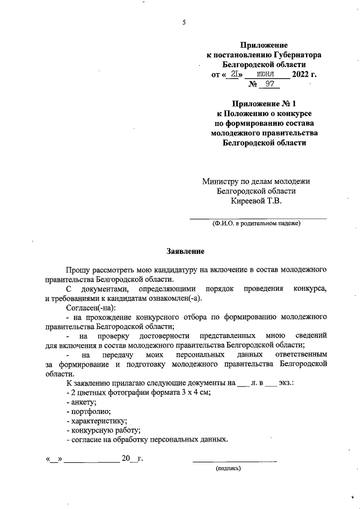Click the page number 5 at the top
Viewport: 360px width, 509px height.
click(x=184, y=22)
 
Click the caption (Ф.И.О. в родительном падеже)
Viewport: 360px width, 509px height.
click(x=256, y=223)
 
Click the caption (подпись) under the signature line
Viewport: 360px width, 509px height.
click(x=228, y=467)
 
